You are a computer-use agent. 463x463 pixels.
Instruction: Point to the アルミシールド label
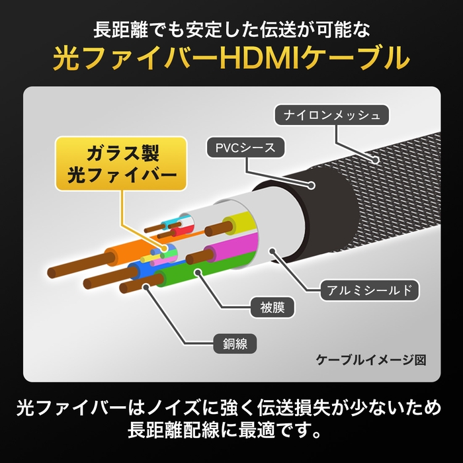point(370,290)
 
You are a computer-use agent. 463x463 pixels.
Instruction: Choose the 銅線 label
point(226,345)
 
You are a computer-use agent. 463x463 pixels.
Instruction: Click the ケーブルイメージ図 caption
point(370,360)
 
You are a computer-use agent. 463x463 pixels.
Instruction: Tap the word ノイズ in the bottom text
point(197,406)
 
